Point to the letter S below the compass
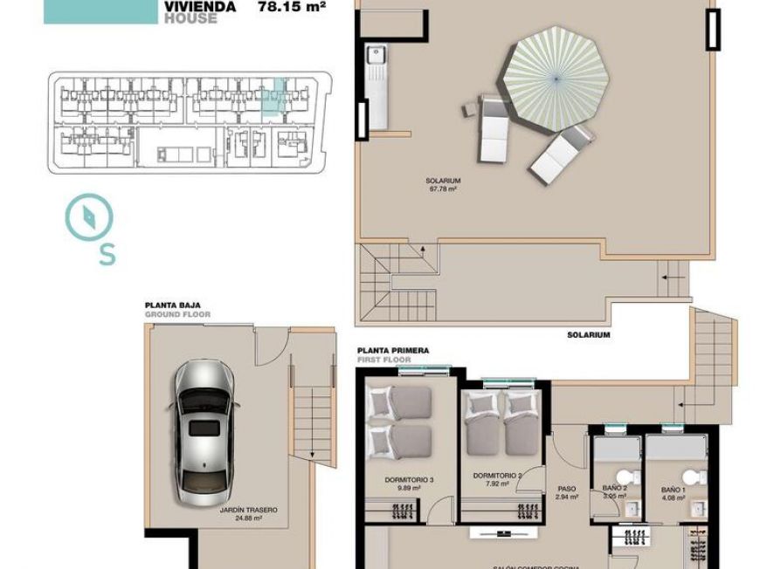point(107,254)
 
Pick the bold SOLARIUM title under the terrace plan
point(588,334)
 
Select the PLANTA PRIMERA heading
point(393,350)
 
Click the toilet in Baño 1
point(693,477)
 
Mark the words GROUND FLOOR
point(177,314)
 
